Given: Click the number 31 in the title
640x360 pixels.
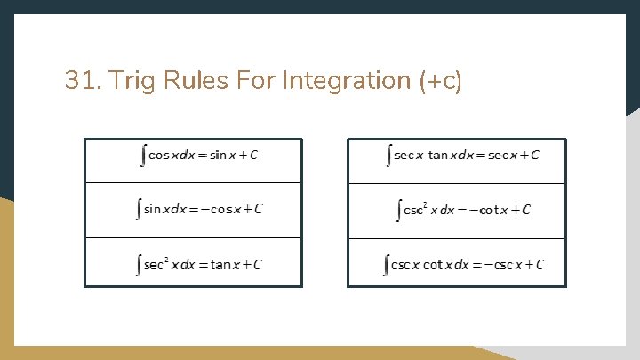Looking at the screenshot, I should (80, 81).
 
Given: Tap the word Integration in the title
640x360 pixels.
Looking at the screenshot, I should (347, 81).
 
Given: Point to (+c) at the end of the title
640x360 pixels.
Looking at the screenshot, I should (440, 82).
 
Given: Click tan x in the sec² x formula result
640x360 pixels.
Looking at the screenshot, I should (222, 265).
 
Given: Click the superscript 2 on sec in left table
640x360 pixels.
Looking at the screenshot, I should (166, 260).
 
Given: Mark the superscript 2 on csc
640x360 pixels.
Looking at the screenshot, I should (425, 205).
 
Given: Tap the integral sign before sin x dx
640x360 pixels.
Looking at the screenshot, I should (138, 210).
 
